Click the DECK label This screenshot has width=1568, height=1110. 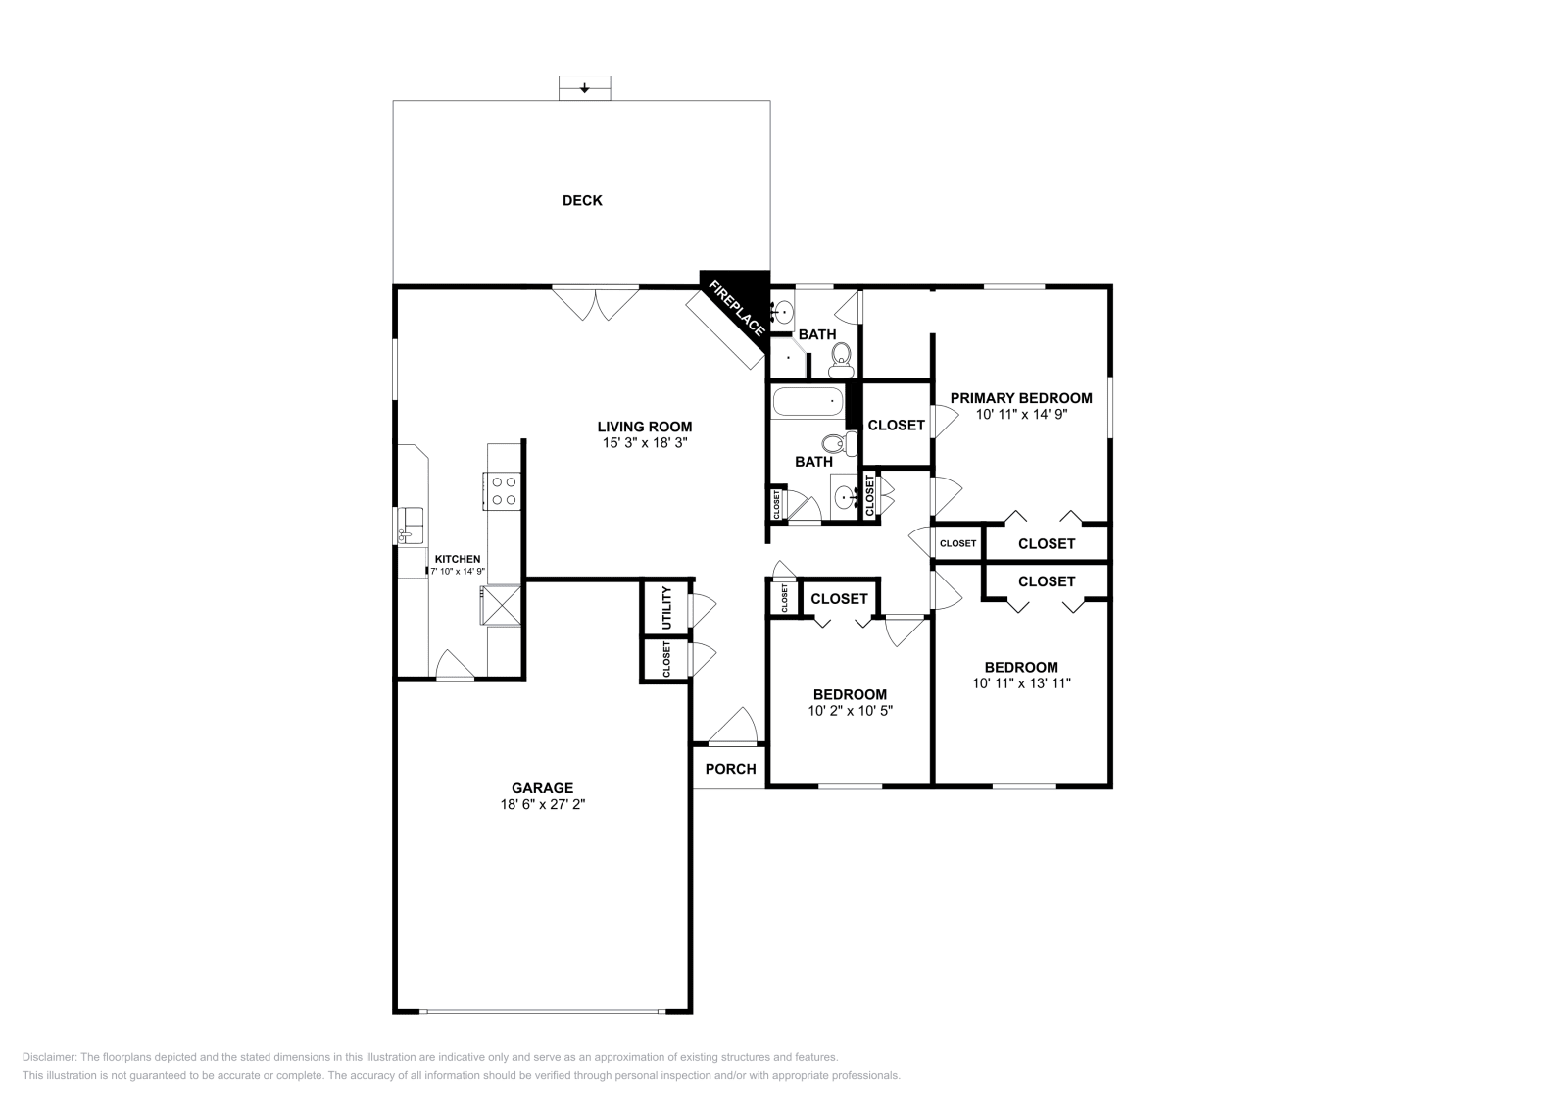tap(582, 200)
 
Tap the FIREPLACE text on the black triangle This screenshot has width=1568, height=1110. tap(737, 308)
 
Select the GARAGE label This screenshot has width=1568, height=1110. tap(543, 787)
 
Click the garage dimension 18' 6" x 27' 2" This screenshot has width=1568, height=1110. tap(543, 804)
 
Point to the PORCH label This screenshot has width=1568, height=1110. tap(730, 769)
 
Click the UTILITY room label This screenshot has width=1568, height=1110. tap(666, 607)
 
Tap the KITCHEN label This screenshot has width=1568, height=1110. tap(458, 559)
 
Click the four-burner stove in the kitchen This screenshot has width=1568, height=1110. tap(502, 491)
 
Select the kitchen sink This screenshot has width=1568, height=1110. tap(411, 526)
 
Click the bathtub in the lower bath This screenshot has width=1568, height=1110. tap(808, 402)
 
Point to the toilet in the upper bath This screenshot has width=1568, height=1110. tap(841, 359)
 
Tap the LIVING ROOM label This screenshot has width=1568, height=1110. tap(645, 427)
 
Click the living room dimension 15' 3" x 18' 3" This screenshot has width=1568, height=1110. tap(645, 442)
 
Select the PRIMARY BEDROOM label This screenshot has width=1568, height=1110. tap(1021, 398)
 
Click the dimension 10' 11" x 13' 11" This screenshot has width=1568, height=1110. tap(1021, 682)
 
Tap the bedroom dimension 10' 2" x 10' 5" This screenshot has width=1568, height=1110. tap(850, 710)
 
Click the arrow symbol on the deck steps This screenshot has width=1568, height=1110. tap(584, 89)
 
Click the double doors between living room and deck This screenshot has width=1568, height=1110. tap(595, 303)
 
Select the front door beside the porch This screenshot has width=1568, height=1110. tap(733, 727)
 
